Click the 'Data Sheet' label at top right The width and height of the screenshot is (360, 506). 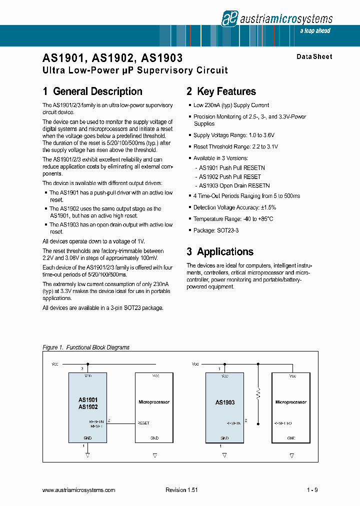314,56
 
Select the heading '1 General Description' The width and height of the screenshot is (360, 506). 92,91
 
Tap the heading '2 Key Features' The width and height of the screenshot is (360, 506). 221,91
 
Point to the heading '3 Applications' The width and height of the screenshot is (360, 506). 220,251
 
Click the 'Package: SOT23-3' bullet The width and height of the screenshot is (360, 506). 215,230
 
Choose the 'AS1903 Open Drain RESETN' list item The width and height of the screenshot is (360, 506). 234,185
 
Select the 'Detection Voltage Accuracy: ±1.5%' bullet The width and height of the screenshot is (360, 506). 234,207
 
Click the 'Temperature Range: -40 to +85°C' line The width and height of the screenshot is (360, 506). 233,219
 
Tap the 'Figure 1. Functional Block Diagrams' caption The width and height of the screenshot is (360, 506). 86,347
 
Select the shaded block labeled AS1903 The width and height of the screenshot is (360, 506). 224,407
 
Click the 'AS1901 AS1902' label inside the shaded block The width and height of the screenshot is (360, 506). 88,403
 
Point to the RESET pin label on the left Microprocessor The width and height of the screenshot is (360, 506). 143,423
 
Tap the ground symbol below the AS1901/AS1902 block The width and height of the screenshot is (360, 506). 87,455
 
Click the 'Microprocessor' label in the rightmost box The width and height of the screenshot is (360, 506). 291,402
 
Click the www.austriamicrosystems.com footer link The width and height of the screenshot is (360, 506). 78,490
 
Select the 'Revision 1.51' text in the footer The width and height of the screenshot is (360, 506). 181,490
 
